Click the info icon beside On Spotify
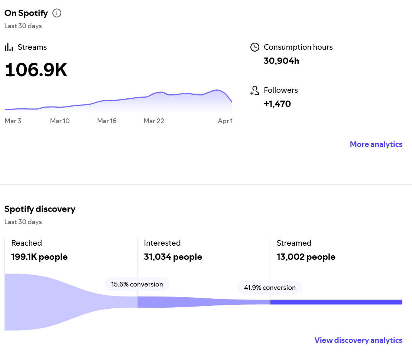(57, 13)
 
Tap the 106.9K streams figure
(36, 70)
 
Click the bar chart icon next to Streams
(9, 48)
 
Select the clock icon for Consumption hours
(254, 47)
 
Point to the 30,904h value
(281, 61)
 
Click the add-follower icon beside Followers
(254, 91)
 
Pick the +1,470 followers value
(277, 104)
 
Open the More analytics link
(376, 144)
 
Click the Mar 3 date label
(13, 121)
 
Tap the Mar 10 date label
(60, 121)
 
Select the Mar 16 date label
(107, 121)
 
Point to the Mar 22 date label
(154, 121)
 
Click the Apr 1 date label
(225, 121)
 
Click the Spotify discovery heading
(40, 209)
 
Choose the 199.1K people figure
(39, 257)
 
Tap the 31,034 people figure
(173, 257)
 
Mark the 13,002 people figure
(306, 257)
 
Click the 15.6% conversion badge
(137, 284)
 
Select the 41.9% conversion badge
(270, 288)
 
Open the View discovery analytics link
(358, 340)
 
